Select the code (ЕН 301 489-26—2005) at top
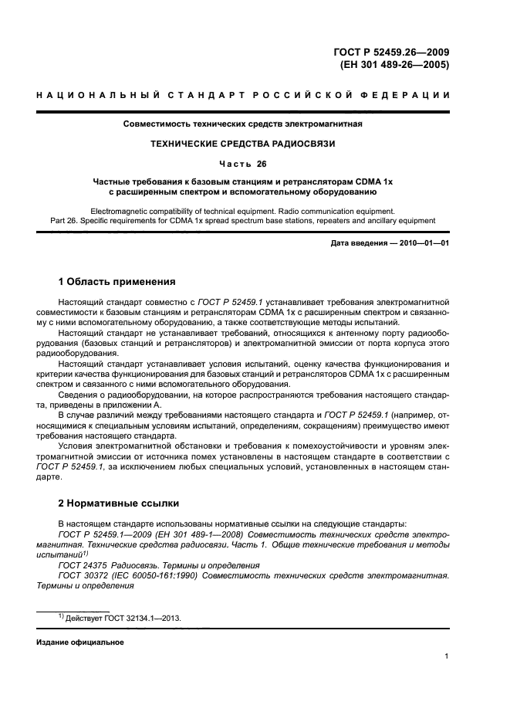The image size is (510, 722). (x=394, y=65)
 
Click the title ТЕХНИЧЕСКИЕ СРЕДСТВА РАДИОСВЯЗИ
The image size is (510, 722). (x=243, y=144)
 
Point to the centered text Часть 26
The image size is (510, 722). (x=243, y=163)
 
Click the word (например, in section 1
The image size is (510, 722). (x=420, y=414)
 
